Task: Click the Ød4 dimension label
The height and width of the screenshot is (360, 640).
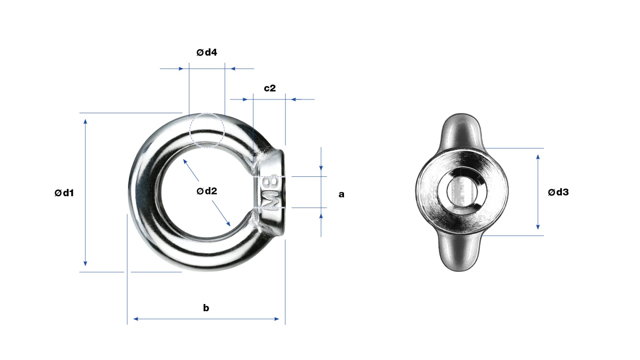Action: (207, 52)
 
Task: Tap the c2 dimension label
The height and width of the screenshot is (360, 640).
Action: (270, 88)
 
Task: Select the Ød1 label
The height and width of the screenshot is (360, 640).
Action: (64, 193)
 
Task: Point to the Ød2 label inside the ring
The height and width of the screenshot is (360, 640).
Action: (207, 191)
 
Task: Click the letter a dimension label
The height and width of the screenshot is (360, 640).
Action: (341, 194)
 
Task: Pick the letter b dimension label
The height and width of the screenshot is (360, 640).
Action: (206, 308)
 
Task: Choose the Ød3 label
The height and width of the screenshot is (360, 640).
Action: (558, 192)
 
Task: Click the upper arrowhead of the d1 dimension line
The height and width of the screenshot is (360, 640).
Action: (85, 122)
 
